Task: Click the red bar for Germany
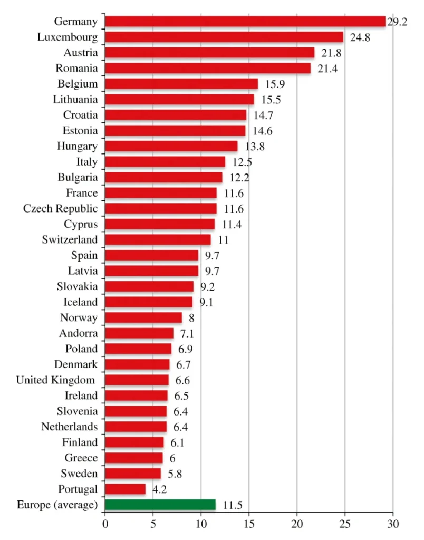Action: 245,21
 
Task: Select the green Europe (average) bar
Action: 160,505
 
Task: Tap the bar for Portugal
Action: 125,489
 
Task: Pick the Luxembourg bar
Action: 224,37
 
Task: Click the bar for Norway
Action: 143,317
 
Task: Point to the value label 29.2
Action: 397,22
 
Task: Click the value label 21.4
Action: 327,69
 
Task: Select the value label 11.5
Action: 232,505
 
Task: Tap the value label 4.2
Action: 160,489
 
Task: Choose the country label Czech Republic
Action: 60,208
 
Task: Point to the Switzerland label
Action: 70,239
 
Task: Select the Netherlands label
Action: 69,427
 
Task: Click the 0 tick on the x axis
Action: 105,524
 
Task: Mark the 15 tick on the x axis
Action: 249,524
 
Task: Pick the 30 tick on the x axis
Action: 393,524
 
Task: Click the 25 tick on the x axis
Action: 345,524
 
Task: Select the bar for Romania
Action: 208,69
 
